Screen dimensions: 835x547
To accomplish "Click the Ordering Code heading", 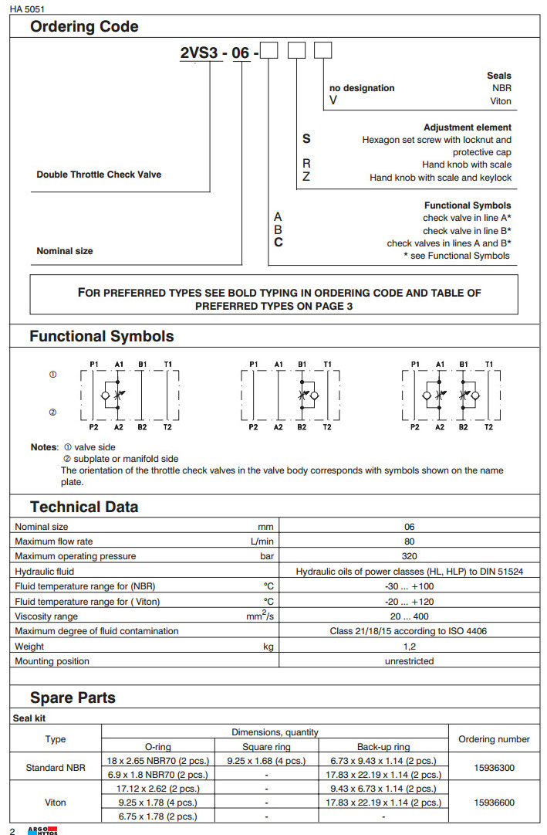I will [x=84, y=27].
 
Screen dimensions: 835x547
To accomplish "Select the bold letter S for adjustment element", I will [x=306, y=139].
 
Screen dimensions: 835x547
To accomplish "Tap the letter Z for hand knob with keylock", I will [x=306, y=178].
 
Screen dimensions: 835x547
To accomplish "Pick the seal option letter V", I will [x=333, y=100].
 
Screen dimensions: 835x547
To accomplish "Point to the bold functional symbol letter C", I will [x=279, y=243].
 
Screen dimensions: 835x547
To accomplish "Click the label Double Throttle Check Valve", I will [x=99, y=175].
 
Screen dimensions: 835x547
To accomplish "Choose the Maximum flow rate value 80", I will [x=409, y=541].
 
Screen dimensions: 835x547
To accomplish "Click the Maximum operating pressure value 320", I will [x=409, y=556].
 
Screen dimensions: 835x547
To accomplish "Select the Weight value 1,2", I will [x=409, y=647].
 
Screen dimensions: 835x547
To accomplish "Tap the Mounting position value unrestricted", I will [x=409, y=661].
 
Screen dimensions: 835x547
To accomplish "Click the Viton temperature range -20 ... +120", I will [x=409, y=602].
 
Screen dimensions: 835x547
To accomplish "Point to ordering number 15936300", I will [x=494, y=768].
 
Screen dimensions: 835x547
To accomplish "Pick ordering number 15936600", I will [x=494, y=803].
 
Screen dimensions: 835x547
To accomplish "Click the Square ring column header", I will [x=266, y=747].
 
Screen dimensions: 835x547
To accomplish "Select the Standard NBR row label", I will [x=56, y=768].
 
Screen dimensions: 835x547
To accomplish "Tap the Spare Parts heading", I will [x=73, y=698].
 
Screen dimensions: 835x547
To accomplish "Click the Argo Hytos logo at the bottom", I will [x=42, y=830].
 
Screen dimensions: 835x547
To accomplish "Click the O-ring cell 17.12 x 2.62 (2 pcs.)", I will [x=157, y=789].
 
